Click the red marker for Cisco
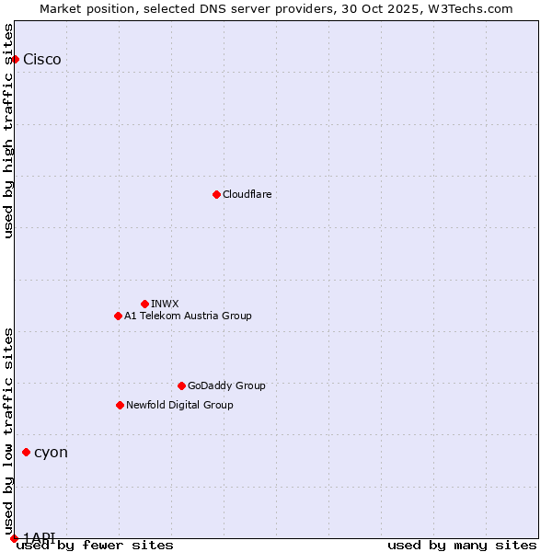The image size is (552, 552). click(15, 59)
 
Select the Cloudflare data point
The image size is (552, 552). click(216, 194)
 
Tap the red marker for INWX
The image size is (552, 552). click(144, 304)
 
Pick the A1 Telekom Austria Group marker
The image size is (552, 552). click(118, 316)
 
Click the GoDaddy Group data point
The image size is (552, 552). click(181, 385)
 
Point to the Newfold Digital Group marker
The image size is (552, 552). click(120, 405)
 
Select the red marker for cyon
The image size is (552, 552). click(26, 452)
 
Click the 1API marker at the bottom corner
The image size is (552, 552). click(14, 538)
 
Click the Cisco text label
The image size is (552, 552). click(42, 60)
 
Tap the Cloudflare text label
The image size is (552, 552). click(247, 194)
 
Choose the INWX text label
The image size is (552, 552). click(165, 304)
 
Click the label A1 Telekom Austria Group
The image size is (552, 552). click(188, 316)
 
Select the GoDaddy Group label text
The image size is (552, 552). click(226, 385)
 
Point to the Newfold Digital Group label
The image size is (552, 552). click(179, 405)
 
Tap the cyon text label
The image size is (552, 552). click(51, 453)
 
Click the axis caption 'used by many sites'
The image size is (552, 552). click(462, 546)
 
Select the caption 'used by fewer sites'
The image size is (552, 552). click(95, 546)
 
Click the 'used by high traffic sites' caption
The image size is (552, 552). click(8, 131)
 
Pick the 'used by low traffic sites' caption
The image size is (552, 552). click(8, 424)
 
